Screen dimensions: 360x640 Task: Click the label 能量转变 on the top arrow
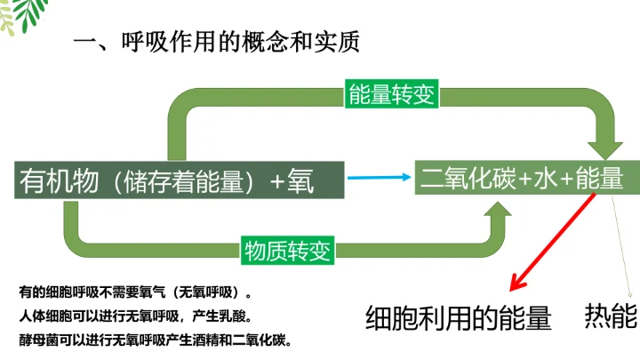click(x=392, y=95)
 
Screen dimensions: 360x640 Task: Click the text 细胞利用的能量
click(x=459, y=318)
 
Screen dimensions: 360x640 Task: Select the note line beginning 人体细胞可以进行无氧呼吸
click(x=134, y=316)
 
